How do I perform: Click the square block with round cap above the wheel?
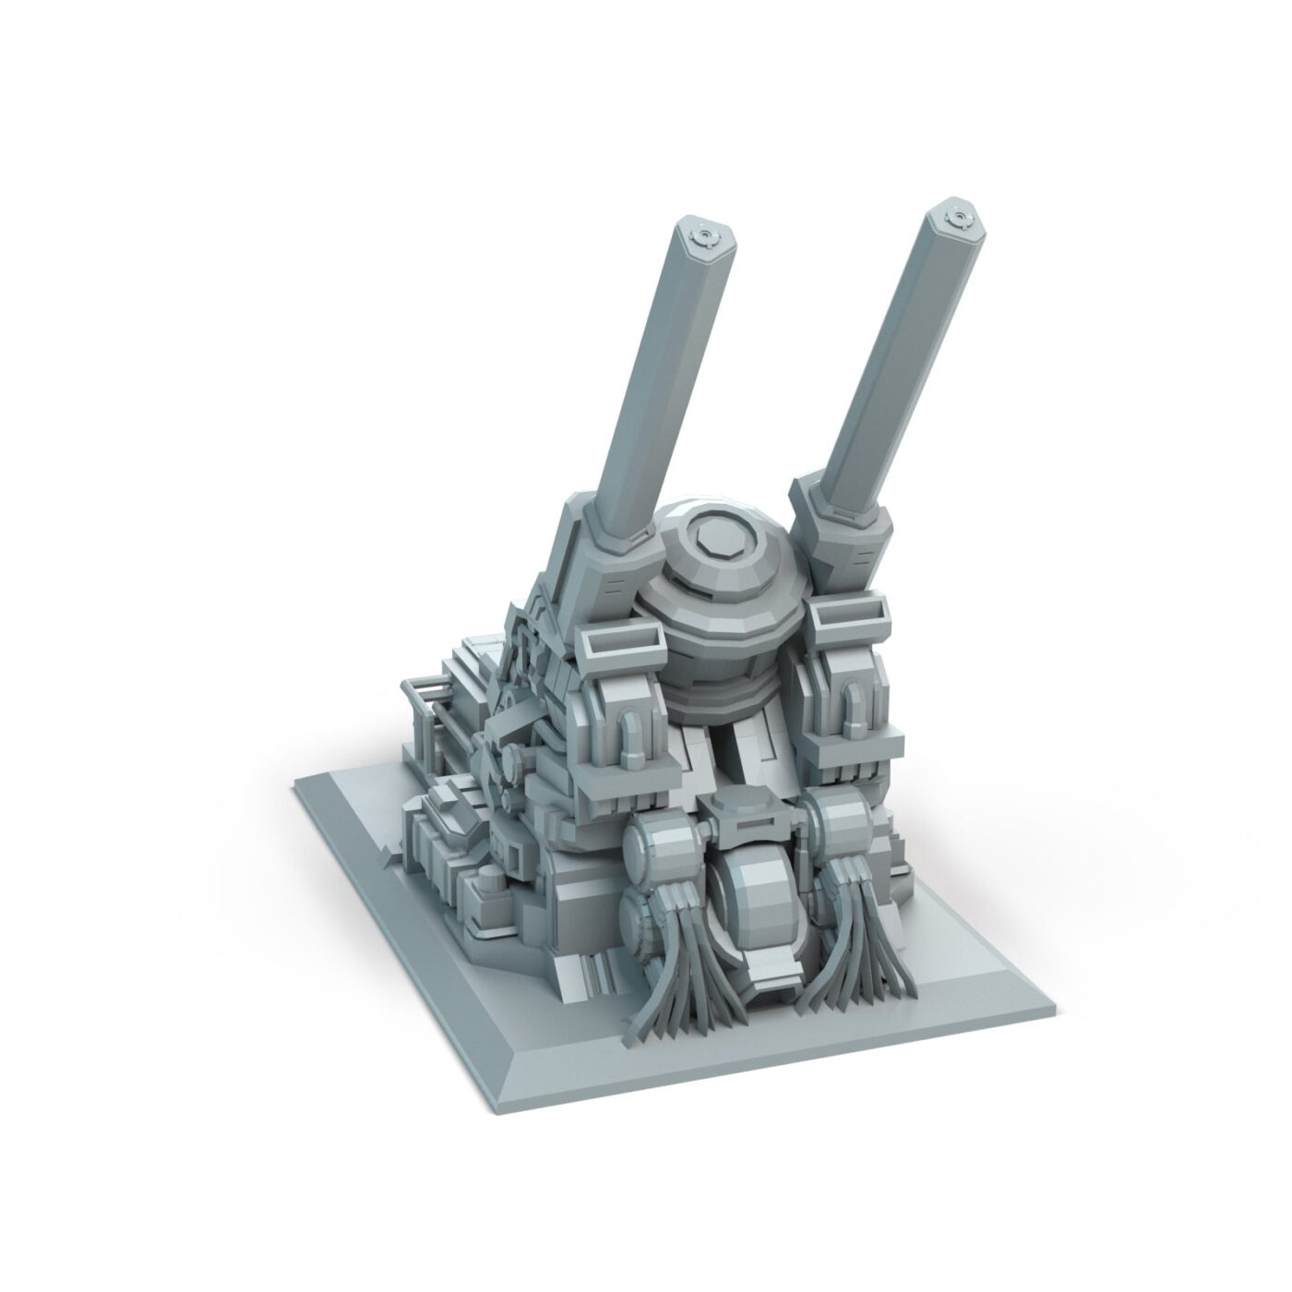click(x=738, y=821)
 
